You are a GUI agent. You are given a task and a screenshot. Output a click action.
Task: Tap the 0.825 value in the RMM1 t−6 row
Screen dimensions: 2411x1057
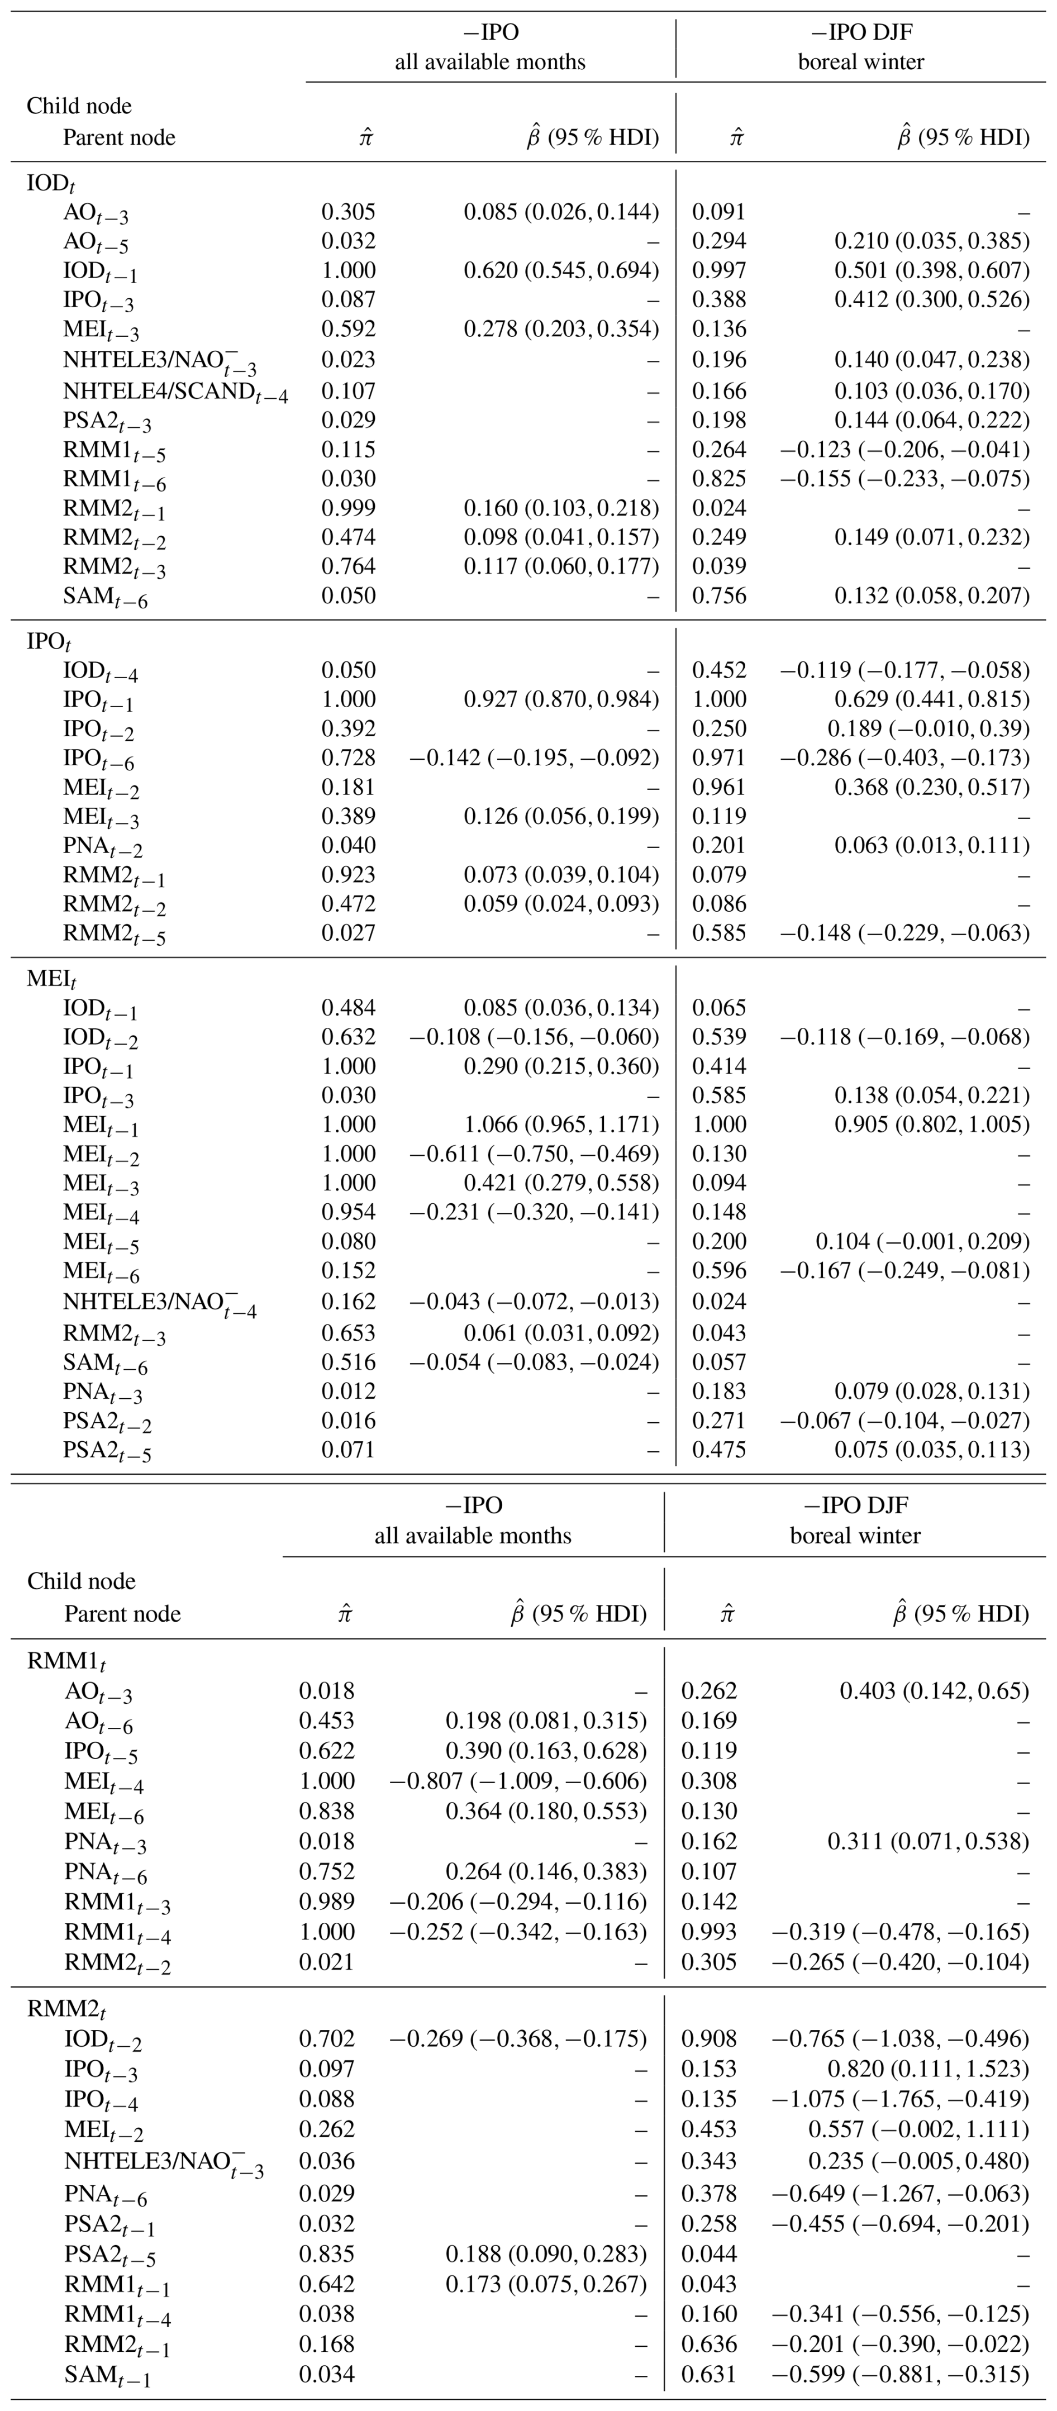click(719, 478)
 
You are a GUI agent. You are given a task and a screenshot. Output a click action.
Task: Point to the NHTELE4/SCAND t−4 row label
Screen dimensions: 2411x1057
click(175, 391)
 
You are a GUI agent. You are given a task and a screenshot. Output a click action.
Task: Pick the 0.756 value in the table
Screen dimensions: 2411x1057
click(719, 595)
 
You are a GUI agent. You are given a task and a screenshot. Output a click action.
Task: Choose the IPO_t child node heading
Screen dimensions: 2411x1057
click(49, 643)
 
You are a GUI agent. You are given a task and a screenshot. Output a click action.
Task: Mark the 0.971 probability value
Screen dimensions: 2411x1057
click(719, 757)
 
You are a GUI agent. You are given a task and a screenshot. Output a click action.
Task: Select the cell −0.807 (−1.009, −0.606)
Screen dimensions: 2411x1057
click(518, 1780)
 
